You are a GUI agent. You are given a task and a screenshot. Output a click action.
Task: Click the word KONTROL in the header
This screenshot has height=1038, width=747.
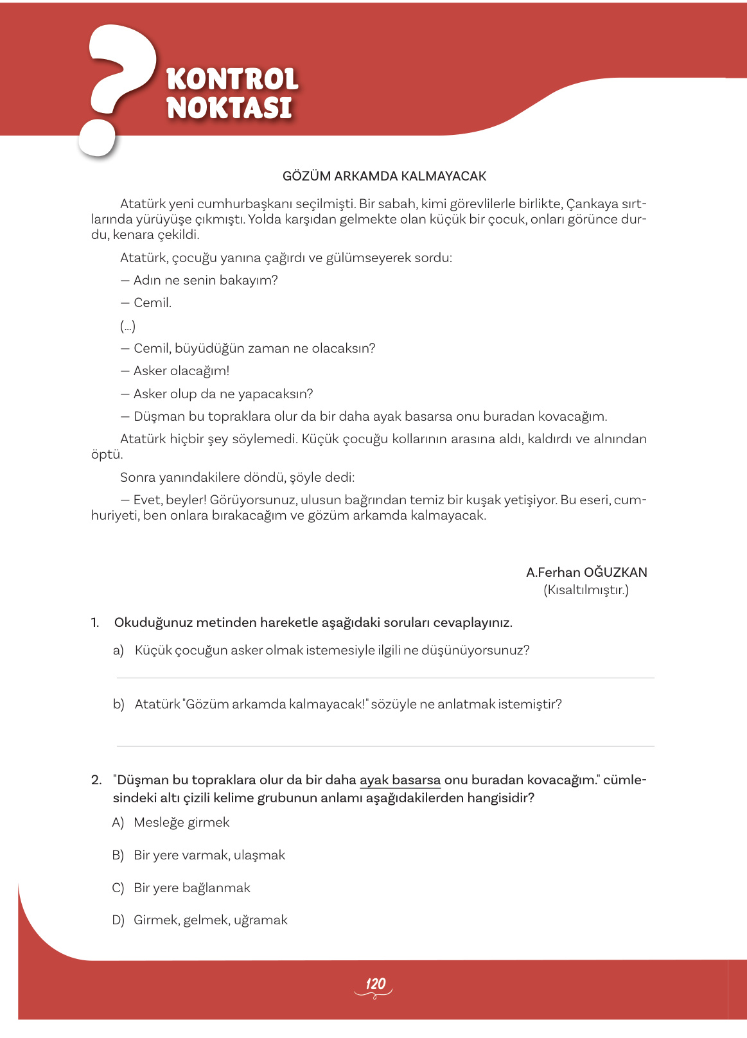pos(232,80)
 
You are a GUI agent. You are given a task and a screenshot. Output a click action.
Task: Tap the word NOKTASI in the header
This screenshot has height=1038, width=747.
pos(229,108)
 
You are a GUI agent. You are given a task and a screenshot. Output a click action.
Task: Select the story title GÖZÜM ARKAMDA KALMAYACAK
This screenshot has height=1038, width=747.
pos(384,176)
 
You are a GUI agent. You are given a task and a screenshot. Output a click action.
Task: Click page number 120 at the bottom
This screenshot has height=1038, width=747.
pos(375,984)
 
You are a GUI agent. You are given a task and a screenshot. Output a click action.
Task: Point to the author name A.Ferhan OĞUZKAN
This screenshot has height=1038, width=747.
pos(586,572)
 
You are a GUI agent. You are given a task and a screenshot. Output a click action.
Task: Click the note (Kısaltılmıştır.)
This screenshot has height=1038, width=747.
pos(586,590)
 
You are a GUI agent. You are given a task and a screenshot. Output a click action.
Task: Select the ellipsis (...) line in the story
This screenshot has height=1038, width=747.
pos(128,326)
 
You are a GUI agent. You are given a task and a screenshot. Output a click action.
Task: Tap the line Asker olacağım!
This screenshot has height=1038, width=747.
pos(180,371)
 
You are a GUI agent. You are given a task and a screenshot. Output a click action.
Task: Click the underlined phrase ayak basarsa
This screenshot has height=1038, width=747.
pos(400,780)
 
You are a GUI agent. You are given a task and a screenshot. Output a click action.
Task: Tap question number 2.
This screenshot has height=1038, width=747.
pos(96,780)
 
